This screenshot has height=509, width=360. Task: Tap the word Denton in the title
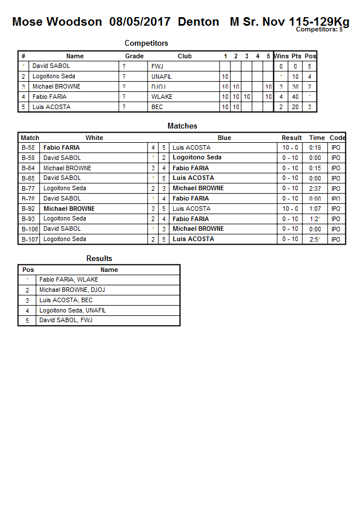198,22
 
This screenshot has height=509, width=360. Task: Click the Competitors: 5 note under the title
319,29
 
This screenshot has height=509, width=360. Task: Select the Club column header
185,56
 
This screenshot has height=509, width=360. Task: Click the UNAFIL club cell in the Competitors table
162,77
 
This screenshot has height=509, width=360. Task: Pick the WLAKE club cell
162,97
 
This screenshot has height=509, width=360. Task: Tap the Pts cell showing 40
295,97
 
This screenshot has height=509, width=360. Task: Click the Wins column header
281,56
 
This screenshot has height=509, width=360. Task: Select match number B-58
28,147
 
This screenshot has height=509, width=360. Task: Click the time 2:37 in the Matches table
315,189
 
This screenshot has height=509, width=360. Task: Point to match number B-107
30,239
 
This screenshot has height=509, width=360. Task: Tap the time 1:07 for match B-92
315,209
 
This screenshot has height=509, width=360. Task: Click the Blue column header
225,138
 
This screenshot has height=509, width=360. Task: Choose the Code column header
338,138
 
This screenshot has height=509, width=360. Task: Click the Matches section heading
182,126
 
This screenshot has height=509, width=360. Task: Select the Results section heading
99,258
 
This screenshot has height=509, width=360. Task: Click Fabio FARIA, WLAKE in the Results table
69,280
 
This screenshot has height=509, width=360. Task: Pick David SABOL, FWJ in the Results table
65,320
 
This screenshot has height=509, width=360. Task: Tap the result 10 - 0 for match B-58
290,147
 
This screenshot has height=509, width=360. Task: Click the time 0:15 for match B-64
315,168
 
